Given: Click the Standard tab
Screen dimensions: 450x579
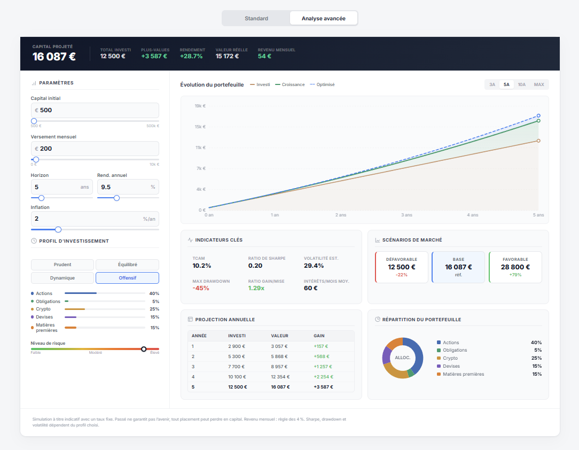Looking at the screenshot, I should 256,18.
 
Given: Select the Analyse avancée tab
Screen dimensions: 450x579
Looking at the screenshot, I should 323,18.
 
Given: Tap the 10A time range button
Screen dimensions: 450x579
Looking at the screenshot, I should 522,84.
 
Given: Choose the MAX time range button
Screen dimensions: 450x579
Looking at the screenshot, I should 539,84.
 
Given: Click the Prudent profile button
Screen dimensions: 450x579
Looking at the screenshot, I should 62,265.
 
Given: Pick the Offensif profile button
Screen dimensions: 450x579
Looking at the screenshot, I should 127,278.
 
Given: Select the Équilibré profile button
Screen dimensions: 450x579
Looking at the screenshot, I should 127,265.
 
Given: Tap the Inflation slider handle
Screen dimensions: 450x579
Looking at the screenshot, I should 58,229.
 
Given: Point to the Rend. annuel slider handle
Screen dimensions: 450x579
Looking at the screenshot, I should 116,198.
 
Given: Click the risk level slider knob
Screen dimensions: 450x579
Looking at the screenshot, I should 144,349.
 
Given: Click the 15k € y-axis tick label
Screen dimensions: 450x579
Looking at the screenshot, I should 200,127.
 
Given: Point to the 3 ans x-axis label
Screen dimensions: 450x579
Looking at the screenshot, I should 406,215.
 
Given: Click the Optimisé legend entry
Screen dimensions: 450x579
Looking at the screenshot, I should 325,84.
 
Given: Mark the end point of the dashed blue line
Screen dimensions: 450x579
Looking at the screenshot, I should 538,115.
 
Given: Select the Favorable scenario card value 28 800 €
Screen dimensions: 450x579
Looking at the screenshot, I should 515,267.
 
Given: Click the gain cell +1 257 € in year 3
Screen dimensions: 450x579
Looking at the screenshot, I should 323,367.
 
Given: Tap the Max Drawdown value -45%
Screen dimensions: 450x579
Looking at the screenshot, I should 201,288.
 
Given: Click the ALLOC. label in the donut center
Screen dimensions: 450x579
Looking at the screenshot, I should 402,358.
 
